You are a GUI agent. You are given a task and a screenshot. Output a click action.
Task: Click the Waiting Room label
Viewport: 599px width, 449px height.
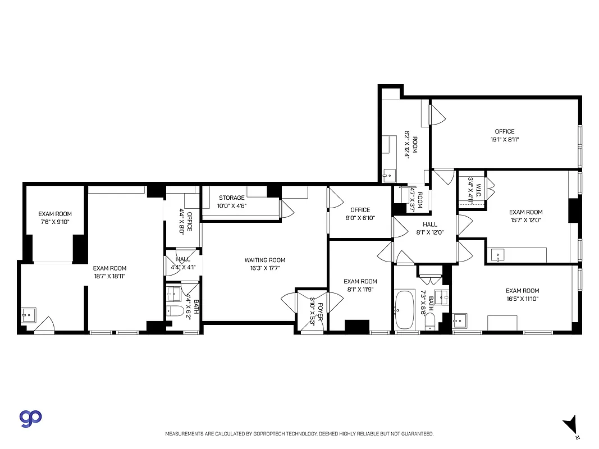pyautogui.click(x=264, y=260)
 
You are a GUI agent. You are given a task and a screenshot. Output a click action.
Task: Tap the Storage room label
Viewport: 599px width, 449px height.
pyautogui.click(x=231, y=198)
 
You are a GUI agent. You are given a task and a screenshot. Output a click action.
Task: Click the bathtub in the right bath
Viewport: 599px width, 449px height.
pyautogui.click(x=404, y=310)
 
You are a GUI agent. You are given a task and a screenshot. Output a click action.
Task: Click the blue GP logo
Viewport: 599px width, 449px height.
pyautogui.click(x=31, y=418)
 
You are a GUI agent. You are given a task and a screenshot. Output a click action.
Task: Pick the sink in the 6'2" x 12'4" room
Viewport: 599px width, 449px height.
pyautogui.click(x=388, y=176)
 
